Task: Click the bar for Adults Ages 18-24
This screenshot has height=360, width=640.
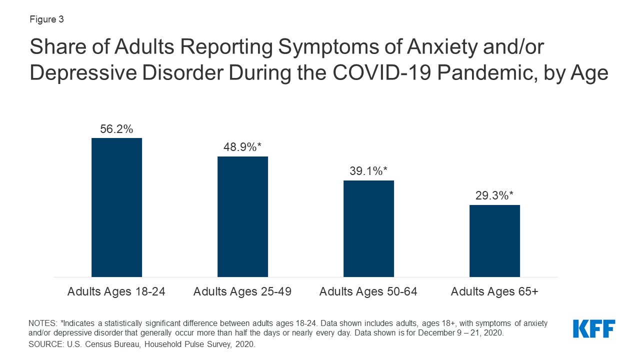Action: (116, 207)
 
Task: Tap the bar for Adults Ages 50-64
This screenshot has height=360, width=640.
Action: (368, 228)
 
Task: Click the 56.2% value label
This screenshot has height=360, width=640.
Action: (116, 129)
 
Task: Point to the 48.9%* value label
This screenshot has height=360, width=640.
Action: (242, 147)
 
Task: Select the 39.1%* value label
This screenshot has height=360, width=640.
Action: (368, 171)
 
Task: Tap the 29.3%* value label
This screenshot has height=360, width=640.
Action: (494, 196)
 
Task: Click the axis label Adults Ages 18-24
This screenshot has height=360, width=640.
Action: (116, 291)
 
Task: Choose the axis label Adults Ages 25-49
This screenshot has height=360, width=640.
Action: (242, 291)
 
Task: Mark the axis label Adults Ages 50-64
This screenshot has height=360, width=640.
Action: (368, 291)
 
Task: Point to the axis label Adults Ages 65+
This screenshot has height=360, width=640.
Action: (494, 291)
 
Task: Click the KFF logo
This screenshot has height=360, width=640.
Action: (594, 328)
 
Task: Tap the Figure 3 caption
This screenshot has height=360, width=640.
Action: (46, 20)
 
